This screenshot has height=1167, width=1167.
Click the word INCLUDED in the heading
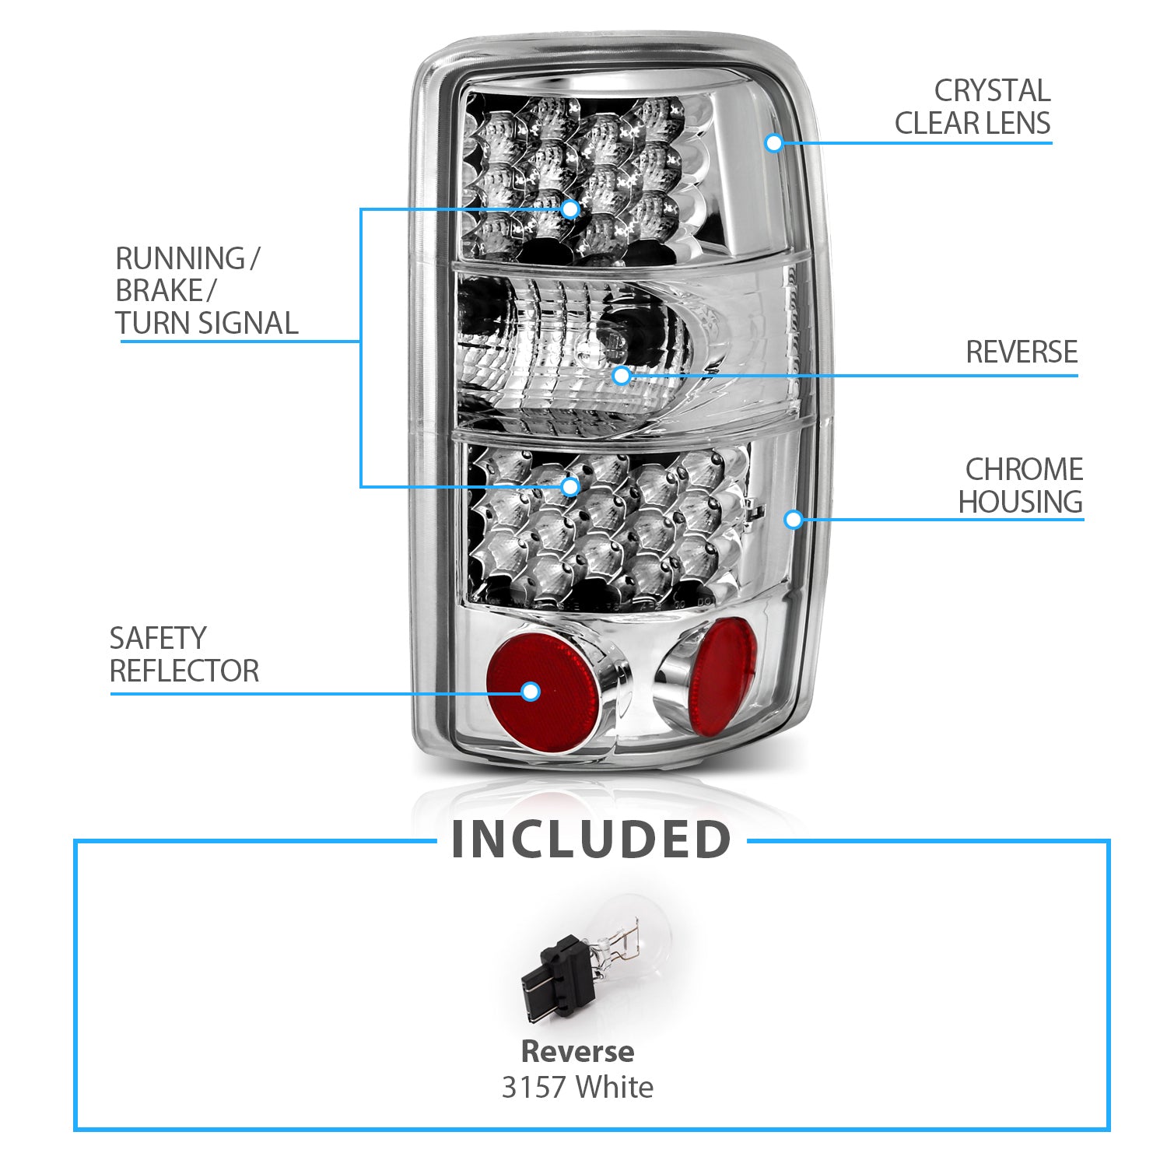tap(591, 840)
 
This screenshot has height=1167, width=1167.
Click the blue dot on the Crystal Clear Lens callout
tap(773, 142)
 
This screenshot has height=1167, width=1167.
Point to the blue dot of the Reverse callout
tap(621, 376)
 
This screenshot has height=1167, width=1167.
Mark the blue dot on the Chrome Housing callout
tap(793, 519)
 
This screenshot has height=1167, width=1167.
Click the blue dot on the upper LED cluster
tap(570, 209)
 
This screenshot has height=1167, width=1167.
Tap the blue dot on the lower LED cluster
tap(570, 486)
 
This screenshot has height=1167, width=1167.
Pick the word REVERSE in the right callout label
tap(1022, 352)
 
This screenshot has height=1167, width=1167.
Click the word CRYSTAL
tap(992, 91)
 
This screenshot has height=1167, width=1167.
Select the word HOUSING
tap(1020, 502)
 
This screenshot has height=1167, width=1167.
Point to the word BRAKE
tap(159, 291)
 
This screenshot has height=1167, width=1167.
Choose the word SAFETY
tap(157, 639)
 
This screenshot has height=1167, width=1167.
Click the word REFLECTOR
tap(184, 671)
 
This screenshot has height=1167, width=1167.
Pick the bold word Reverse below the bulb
tap(577, 1052)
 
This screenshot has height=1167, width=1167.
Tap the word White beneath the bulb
tap(614, 1087)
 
